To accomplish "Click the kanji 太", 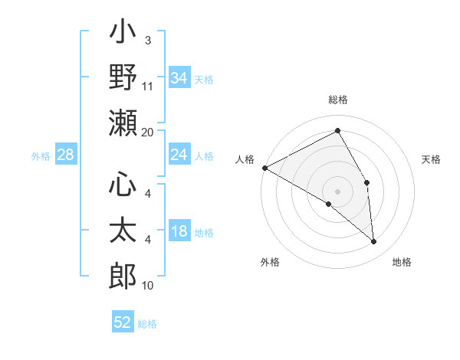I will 123,231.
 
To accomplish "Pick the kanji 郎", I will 123,273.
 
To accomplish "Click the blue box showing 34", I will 179,77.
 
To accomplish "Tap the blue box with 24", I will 179,155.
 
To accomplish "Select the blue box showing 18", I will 179,232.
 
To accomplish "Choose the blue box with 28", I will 66,155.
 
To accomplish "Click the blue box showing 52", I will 123,322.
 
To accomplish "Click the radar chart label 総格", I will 337,100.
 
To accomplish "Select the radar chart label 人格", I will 245,159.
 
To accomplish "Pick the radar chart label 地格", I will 402,263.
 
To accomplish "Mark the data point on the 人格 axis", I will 264,167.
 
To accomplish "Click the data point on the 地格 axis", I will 374,242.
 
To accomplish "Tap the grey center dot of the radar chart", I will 337,191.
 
